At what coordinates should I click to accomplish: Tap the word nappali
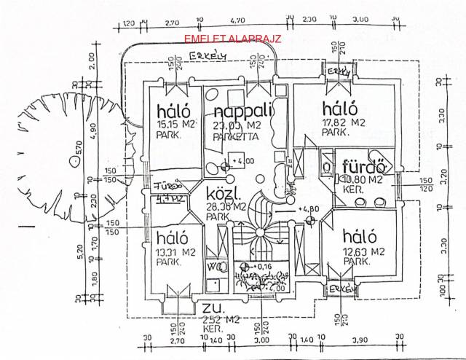243,111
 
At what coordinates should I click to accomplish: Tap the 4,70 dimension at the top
237,22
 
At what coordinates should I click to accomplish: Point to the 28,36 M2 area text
223,208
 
